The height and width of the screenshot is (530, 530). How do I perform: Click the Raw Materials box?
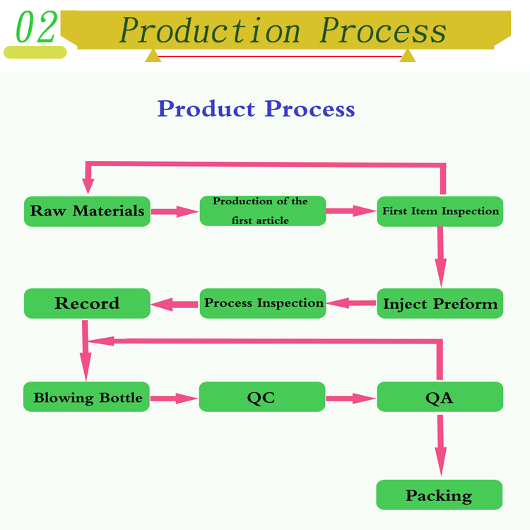87,211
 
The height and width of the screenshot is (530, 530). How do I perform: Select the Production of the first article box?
263,211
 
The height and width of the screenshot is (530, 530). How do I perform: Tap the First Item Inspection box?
440,211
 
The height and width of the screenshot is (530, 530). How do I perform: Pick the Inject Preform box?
440,304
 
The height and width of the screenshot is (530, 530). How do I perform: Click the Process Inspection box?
263,303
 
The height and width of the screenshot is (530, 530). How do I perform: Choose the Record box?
87,303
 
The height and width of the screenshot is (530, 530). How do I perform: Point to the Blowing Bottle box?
87,397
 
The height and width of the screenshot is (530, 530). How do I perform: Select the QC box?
261,397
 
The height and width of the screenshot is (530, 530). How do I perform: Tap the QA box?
440,397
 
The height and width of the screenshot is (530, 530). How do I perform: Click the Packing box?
439,495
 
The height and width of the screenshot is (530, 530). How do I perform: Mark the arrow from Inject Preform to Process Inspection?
351,303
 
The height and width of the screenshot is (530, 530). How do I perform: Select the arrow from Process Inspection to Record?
175,305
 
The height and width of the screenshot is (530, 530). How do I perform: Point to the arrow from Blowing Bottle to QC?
174,399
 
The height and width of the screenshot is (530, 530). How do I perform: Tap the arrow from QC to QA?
351,399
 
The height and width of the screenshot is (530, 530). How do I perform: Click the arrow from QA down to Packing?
441,445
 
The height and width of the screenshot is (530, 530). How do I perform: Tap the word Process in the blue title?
310,109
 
